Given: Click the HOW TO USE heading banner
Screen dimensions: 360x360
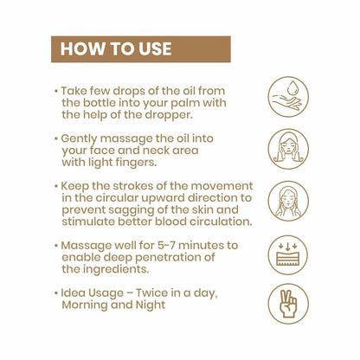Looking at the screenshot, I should click(x=141, y=48).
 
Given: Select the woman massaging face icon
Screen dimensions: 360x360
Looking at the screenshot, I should click(x=287, y=149).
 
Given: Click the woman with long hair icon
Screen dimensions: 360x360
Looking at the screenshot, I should click(x=287, y=202).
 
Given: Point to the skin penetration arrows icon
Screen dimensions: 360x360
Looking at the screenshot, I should click(x=287, y=254).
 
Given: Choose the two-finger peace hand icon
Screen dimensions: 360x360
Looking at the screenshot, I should click(x=287, y=304).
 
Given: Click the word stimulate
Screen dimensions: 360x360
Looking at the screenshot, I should click(x=90, y=222).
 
